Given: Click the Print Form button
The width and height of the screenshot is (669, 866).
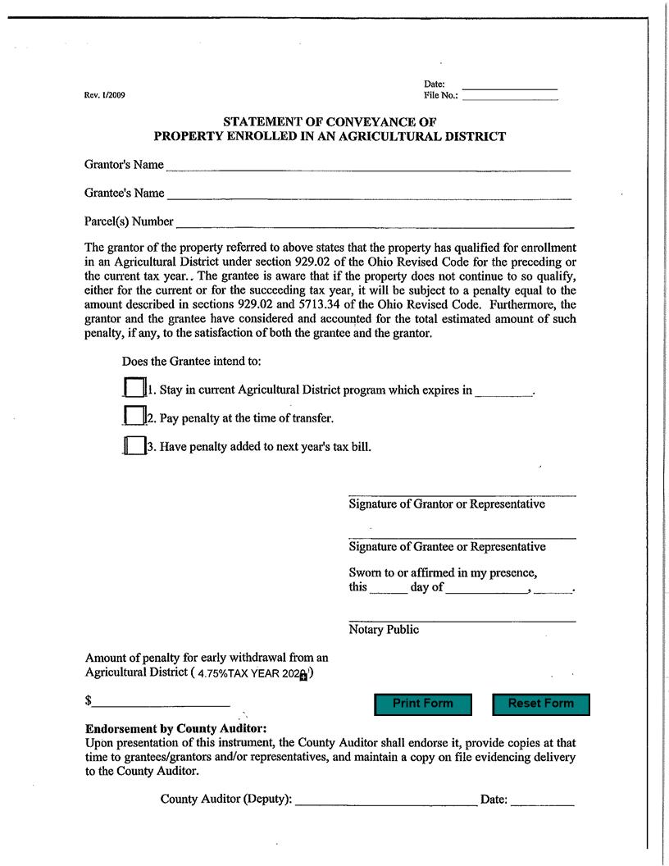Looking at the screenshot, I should [x=423, y=704].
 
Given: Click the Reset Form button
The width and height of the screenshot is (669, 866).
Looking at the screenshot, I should [x=540, y=704].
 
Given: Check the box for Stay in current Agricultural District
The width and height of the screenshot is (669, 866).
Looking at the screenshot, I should [x=134, y=387].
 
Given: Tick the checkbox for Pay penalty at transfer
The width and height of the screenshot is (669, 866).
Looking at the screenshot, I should [x=134, y=416].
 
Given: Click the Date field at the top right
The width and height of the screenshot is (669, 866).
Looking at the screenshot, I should [x=509, y=84].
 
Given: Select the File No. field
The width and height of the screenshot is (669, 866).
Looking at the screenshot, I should [x=509, y=96].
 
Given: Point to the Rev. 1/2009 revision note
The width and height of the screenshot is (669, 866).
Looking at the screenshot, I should [x=105, y=95].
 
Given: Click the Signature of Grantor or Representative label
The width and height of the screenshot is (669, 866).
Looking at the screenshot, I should [x=447, y=504].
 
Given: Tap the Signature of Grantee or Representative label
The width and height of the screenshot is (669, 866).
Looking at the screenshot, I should [x=447, y=547].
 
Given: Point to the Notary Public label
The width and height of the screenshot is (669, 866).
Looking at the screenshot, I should [x=384, y=630].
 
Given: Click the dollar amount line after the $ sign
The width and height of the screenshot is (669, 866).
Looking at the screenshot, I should [x=161, y=702].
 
